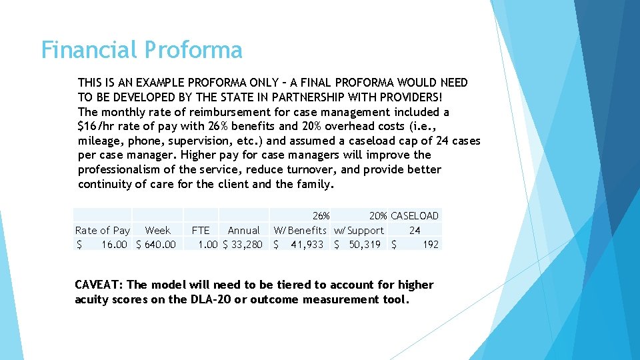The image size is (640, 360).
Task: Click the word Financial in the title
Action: click(90, 50)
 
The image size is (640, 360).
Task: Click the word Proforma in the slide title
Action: click(193, 50)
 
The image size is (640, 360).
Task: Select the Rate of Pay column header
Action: click(103, 230)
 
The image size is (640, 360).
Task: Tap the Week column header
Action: click(158, 230)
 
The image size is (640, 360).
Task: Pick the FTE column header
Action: click(201, 230)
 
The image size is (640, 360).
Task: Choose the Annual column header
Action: click(243, 230)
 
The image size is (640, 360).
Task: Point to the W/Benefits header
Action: click(301, 230)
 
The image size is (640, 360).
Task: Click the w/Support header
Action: click(359, 230)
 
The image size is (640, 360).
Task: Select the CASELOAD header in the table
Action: click(415, 215)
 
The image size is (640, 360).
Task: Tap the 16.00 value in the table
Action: click(114, 245)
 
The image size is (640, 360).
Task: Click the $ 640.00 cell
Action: click(156, 245)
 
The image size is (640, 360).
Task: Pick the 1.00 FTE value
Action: click(208, 245)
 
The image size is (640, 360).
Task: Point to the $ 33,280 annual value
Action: click(243, 245)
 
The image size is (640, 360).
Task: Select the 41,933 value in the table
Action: click(307, 245)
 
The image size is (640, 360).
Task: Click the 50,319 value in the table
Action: click(364, 245)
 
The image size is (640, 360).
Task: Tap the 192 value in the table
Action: click(431, 245)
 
